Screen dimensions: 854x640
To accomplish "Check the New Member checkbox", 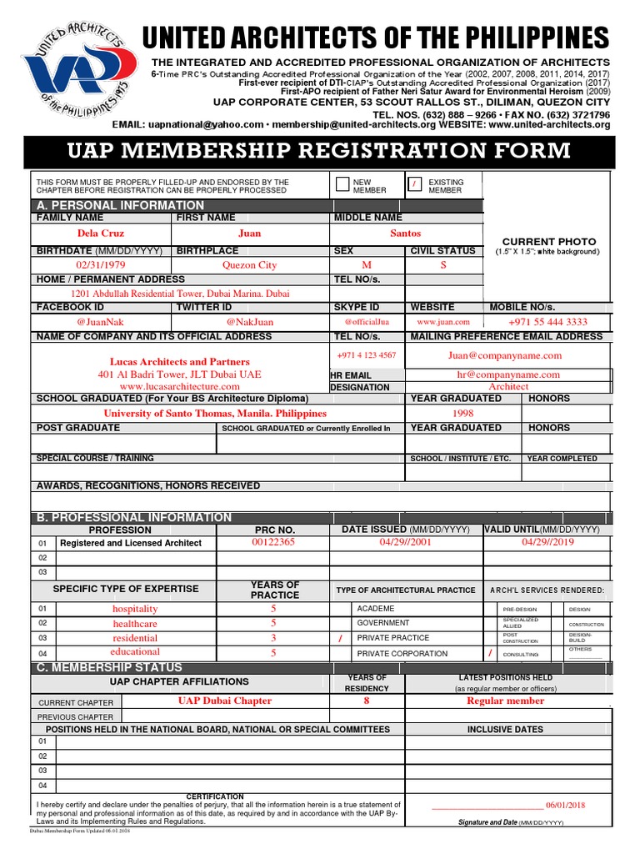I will [342, 185].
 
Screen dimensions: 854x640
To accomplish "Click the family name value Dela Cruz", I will [100, 234].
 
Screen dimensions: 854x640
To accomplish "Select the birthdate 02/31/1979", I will [99, 265].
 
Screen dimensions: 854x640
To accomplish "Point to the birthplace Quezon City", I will [249, 265].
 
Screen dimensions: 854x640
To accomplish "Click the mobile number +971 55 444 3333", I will [547, 322].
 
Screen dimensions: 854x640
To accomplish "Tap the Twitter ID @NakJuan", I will [249, 322].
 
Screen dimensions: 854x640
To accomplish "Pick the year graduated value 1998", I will [462, 413].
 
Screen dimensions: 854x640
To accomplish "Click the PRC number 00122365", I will [273, 542].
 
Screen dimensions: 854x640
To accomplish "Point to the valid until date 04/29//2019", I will [547, 542].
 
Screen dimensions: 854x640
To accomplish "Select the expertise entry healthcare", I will [135, 624].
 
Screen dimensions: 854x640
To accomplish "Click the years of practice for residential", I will [272, 638].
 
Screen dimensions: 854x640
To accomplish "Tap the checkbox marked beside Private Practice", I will [339, 639].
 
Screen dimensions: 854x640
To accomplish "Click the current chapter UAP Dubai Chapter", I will [224, 701].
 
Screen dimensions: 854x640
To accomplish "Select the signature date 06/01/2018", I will [566, 806].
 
